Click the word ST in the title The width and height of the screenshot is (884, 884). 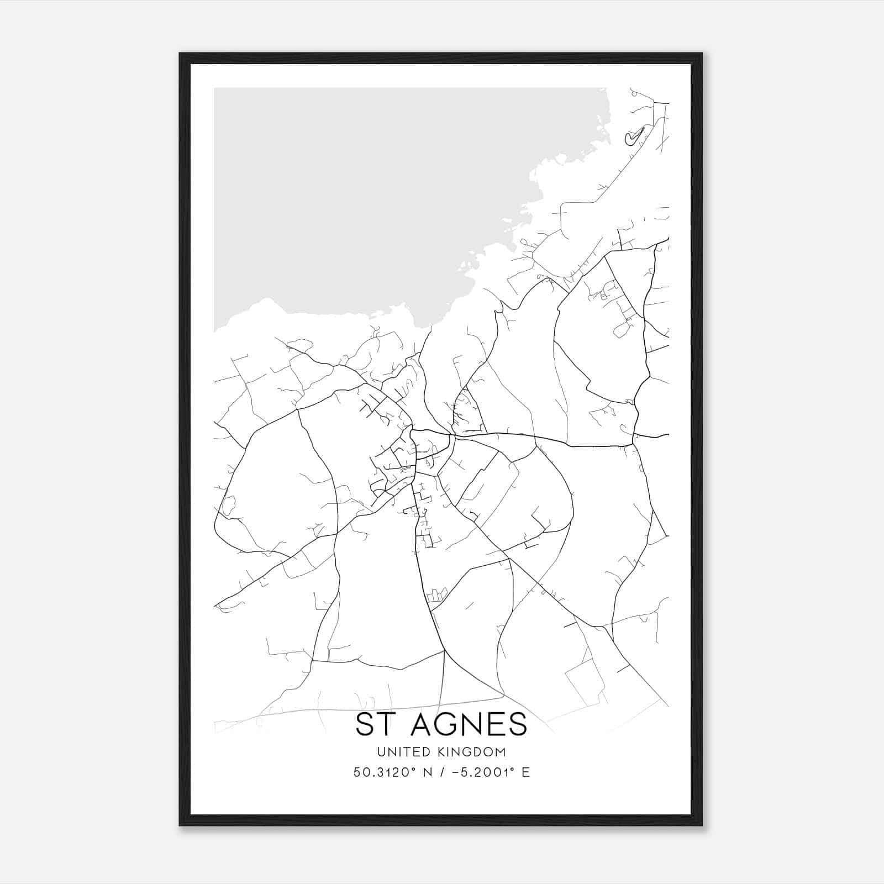(x=373, y=724)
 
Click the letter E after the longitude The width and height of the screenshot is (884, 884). (x=525, y=772)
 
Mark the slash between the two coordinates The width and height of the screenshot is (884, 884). (x=442, y=772)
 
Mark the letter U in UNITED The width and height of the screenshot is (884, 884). (x=381, y=752)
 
